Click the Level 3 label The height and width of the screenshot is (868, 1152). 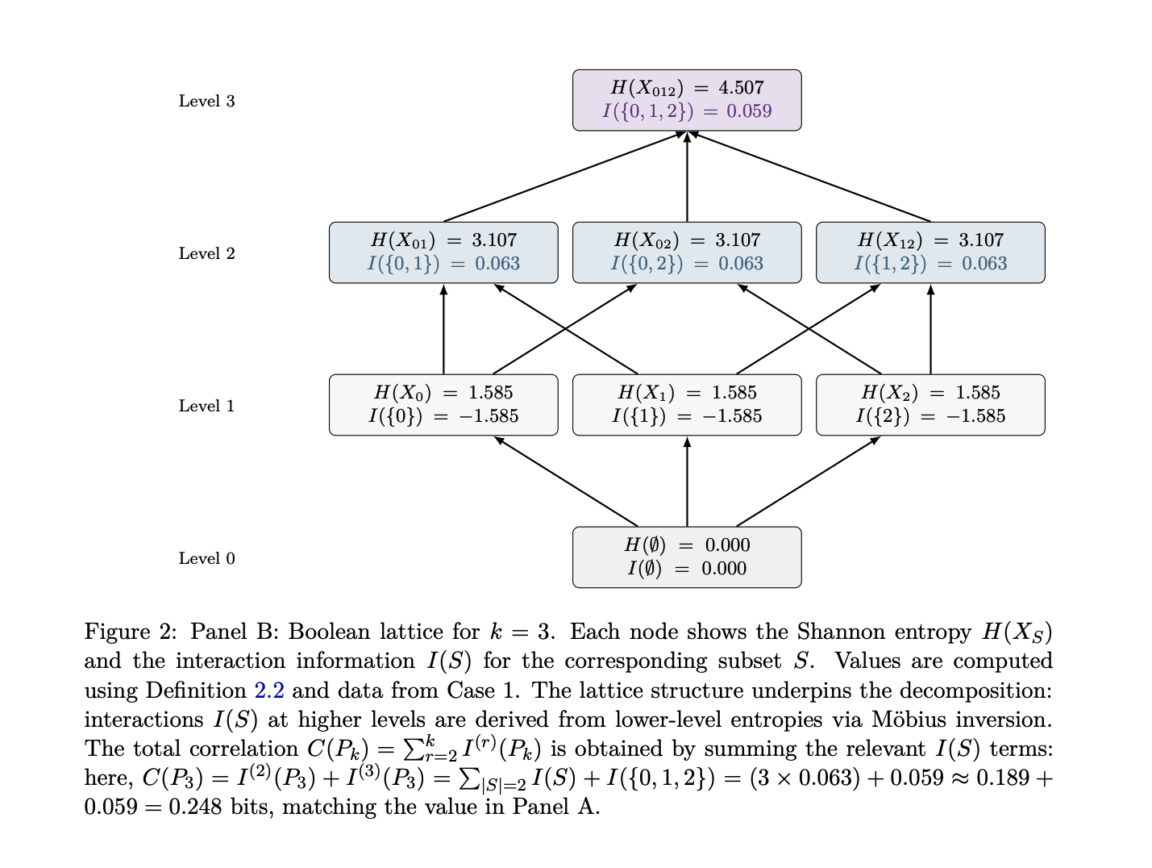coord(206,101)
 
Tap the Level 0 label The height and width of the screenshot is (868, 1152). coord(206,558)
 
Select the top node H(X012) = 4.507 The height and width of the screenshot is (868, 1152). coord(687,99)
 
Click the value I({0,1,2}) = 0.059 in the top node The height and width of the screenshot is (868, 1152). coord(687,111)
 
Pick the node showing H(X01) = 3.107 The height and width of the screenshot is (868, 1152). coord(443,252)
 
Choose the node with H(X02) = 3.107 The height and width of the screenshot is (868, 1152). coord(687,252)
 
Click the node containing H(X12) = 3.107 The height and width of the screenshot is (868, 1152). coord(930,252)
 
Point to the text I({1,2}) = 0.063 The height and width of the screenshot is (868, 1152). coord(930,264)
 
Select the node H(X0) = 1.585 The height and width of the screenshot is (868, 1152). coord(443,404)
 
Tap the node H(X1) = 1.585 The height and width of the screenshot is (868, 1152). coord(687,404)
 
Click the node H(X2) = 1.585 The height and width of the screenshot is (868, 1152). coord(930,404)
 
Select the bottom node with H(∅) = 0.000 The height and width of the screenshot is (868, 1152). coord(687,557)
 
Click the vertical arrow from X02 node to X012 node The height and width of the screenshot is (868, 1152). coord(687,177)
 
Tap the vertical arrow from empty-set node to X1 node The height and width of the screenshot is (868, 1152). coord(687,482)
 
